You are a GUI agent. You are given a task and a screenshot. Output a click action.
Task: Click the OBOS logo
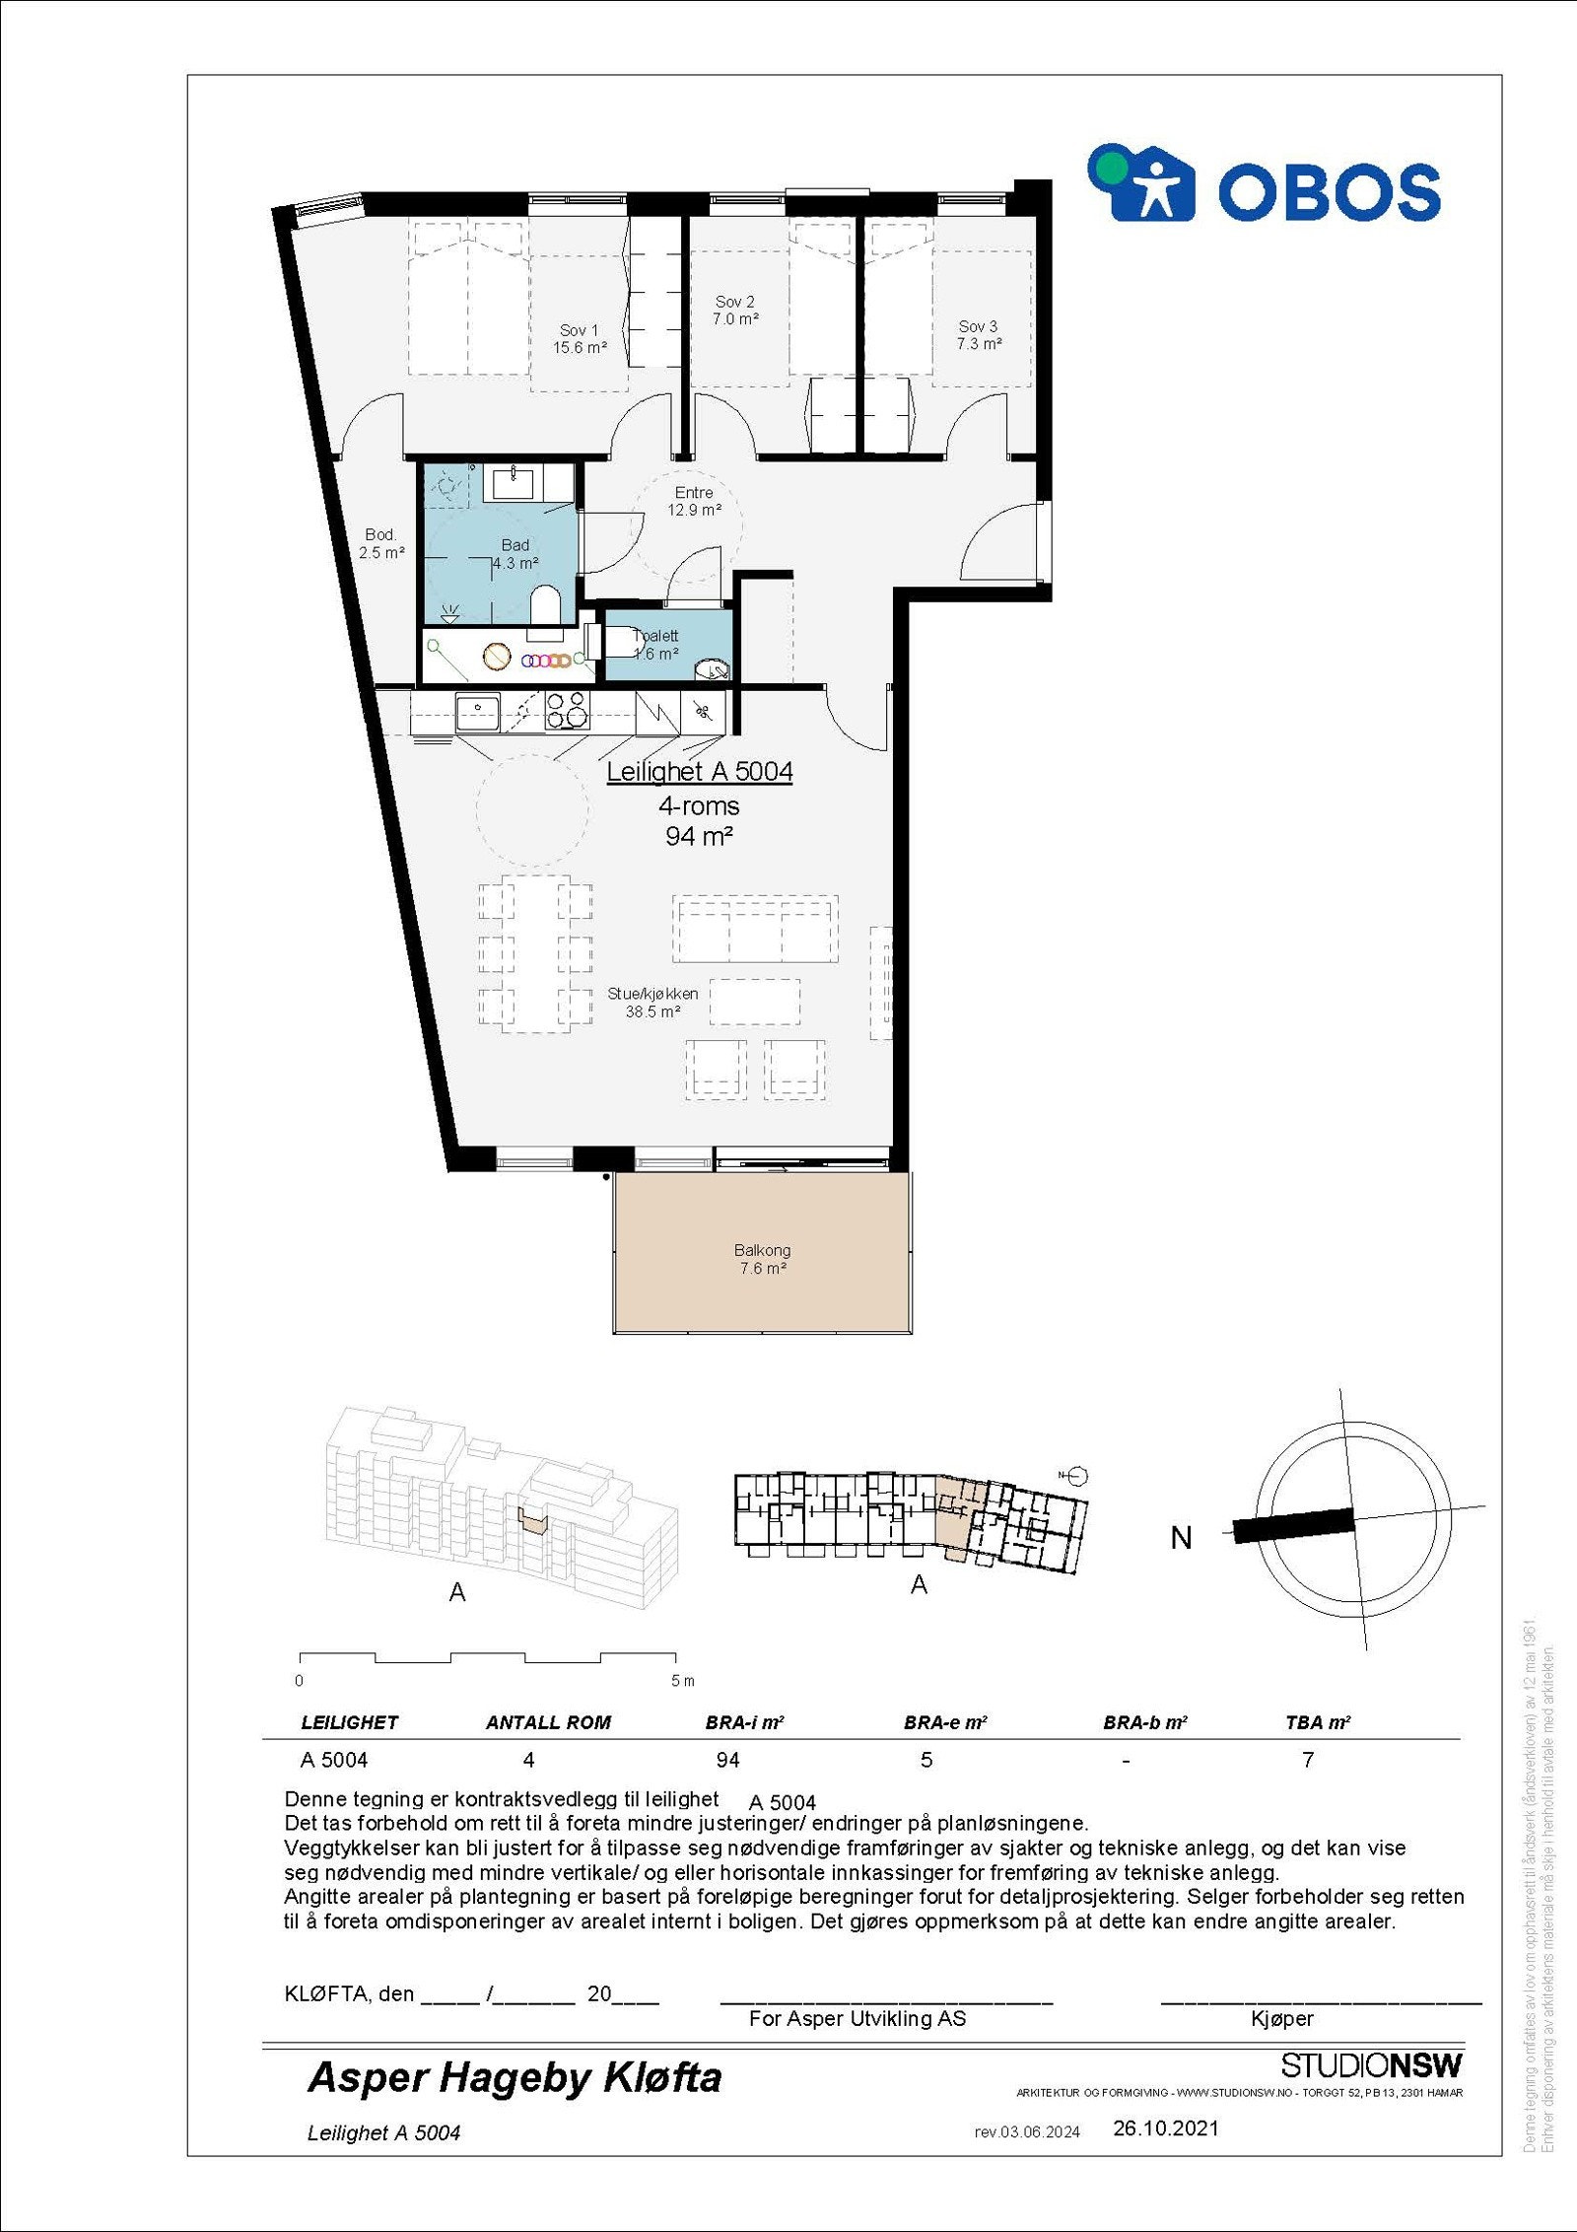tap(1264, 184)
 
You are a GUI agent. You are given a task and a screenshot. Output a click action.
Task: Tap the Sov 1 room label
tap(579, 339)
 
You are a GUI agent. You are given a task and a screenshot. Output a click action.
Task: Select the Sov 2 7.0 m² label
tap(735, 311)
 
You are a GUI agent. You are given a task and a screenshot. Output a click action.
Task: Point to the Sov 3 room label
tap(978, 335)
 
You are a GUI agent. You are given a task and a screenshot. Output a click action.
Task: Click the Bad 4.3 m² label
tap(515, 554)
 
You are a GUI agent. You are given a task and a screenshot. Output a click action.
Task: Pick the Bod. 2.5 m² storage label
tap(380, 543)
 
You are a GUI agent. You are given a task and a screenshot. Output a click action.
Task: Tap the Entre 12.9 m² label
tap(694, 501)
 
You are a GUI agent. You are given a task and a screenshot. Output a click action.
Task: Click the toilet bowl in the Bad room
tap(545, 604)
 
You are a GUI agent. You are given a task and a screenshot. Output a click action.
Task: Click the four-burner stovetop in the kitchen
tap(567, 711)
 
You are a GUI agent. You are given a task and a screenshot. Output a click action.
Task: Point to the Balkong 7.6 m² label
tap(762, 1259)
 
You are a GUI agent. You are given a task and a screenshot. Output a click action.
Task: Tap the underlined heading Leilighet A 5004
tap(699, 772)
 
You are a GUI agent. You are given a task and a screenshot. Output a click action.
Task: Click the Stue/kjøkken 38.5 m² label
tap(652, 1003)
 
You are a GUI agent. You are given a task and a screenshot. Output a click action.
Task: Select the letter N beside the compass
tap(1181, 1537)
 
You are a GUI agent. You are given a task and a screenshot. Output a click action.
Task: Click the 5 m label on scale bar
tap(682, 1680)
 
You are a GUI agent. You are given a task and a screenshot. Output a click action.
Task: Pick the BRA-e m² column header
tap(944, 1722)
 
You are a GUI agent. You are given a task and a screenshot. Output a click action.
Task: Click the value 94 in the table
tap(727, 1760)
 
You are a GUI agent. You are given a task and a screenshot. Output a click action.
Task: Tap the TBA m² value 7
tap(1307, 1760)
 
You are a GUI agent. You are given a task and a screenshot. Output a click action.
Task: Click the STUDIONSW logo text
tap(1371, 2064)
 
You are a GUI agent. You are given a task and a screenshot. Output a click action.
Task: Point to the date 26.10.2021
tap(1165, 2127)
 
